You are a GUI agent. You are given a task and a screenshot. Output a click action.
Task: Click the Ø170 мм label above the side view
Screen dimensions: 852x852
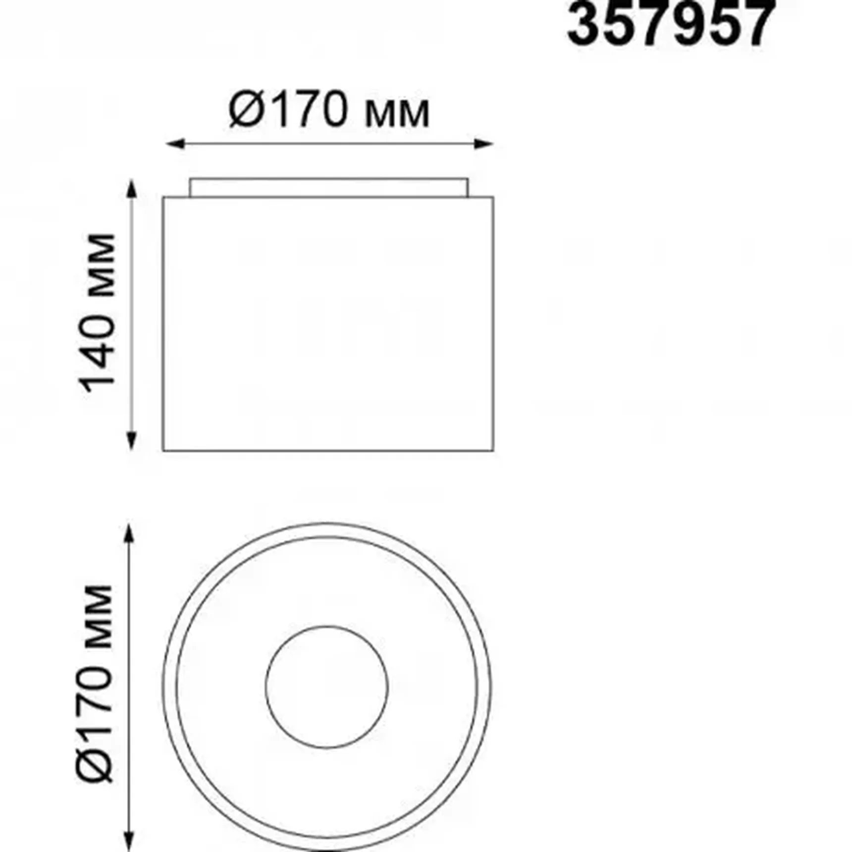tap(329, 110)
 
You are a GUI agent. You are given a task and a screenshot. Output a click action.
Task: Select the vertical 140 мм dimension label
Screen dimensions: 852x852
tap(98, 313)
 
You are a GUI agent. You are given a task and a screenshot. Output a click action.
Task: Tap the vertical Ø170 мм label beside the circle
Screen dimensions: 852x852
tap(96, 684)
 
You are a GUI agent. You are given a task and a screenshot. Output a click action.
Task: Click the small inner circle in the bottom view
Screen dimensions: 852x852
tap(326, 687)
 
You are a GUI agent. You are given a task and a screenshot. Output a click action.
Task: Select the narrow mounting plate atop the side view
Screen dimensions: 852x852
tap(328, 188)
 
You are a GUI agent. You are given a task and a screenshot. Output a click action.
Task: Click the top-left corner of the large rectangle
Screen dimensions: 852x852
tap(163, 198)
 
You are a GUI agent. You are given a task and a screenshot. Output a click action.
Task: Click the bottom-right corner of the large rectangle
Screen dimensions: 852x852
tap(493, 450)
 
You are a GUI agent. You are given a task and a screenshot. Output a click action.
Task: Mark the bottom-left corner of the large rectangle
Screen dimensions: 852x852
tap(163, 450)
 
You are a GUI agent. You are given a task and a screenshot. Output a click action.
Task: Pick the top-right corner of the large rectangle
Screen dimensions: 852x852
tap(493, 198)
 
